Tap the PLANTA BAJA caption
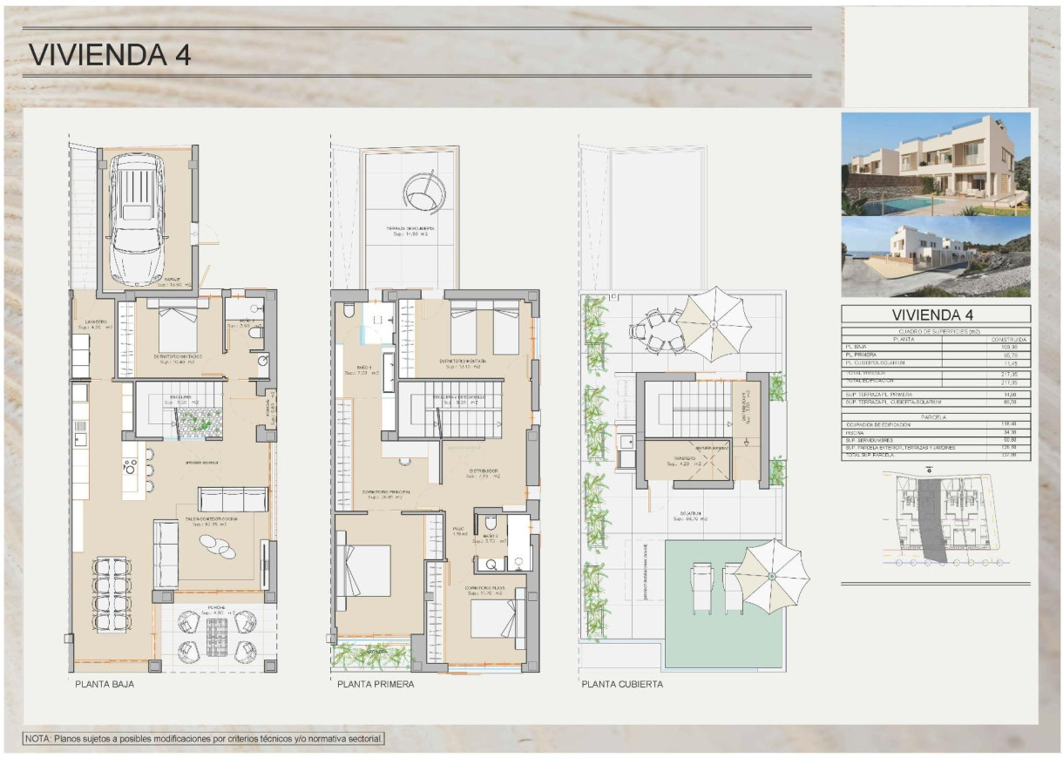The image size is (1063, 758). [x=105, y=685]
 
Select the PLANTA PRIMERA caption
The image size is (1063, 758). [x=376, y=685]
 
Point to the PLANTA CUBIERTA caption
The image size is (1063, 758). [x=622, y=685]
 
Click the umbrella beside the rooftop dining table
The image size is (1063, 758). [x=713, y=324]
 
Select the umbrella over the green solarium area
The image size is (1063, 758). [x=772, y=576]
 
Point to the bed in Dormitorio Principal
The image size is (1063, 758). [x=365, y=571]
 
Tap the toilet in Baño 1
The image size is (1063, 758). [x=349, y=311]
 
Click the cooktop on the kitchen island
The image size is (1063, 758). [x=132, y=466]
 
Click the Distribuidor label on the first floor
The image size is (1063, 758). [x=482, y=472]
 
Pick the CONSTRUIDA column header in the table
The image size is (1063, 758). [x=1008, y=339]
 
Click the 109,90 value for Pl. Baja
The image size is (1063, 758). [x=1011, y=347]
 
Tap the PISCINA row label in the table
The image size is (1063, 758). [x=858, y=432]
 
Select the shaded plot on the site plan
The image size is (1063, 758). [x=930, y=518]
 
